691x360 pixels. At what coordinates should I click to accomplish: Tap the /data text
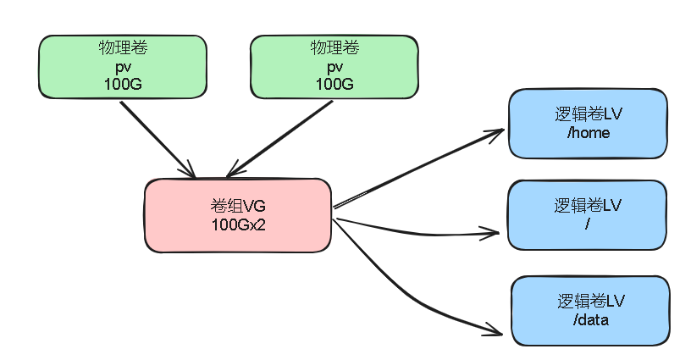(590, 319)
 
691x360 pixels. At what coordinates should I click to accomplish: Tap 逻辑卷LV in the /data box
(590, 302)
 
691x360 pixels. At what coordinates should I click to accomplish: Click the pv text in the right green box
(334, 66)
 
